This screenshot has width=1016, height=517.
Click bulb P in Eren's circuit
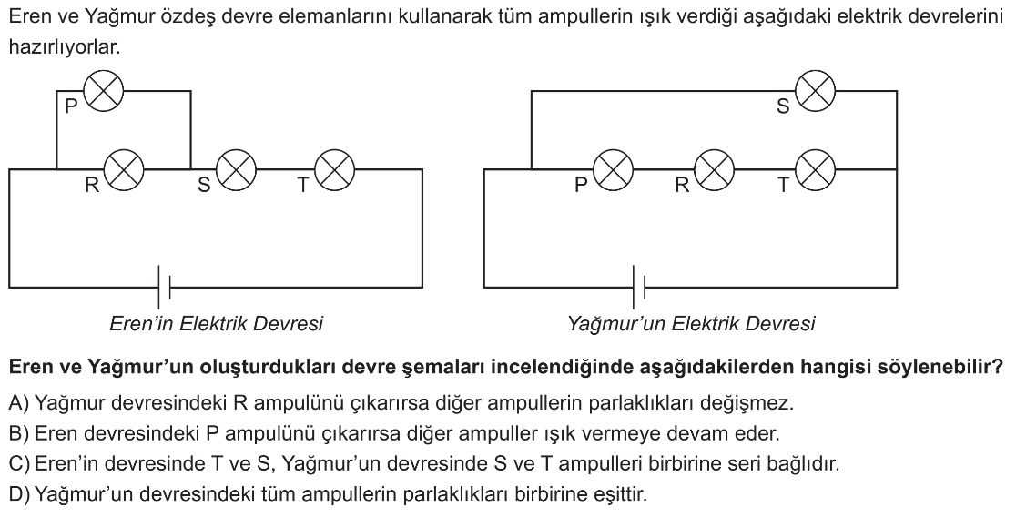tap(103, 91)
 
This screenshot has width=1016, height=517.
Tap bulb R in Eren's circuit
tap(125, 169)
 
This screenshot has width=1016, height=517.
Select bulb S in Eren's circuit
tap(235, 169)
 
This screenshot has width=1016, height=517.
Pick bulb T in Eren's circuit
tap(334, 169)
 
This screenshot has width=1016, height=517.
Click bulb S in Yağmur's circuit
tap(816, 91)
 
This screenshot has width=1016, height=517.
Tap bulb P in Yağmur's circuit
tap(613, 169)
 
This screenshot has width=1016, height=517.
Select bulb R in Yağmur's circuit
tap(714, 169)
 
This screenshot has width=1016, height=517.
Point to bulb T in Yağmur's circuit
tap(816, 169)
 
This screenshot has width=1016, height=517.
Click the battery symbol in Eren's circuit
tap(163, 287)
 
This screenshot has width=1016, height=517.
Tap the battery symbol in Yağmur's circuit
tap(639, 287)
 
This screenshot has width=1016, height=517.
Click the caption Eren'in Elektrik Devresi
tap(216, 323)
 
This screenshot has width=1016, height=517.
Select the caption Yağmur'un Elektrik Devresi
tap(691, 323)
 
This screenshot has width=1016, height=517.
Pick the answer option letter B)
tap(18, 433)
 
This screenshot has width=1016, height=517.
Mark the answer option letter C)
tap(18, 464)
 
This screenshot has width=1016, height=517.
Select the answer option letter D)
tap(18, 495)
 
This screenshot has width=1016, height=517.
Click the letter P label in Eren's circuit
tap(70, 107)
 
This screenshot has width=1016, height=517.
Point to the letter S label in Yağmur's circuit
tap(783, 107)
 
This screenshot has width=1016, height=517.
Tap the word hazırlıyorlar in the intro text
tap(64, 48)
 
